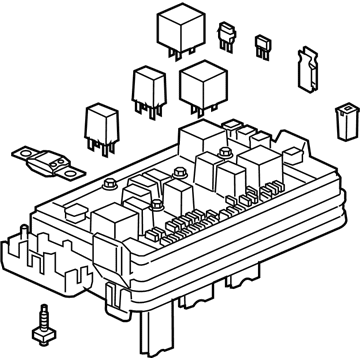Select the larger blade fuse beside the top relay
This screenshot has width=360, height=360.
click(230, 36)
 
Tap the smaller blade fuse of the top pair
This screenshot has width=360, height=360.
click(264, 44)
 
